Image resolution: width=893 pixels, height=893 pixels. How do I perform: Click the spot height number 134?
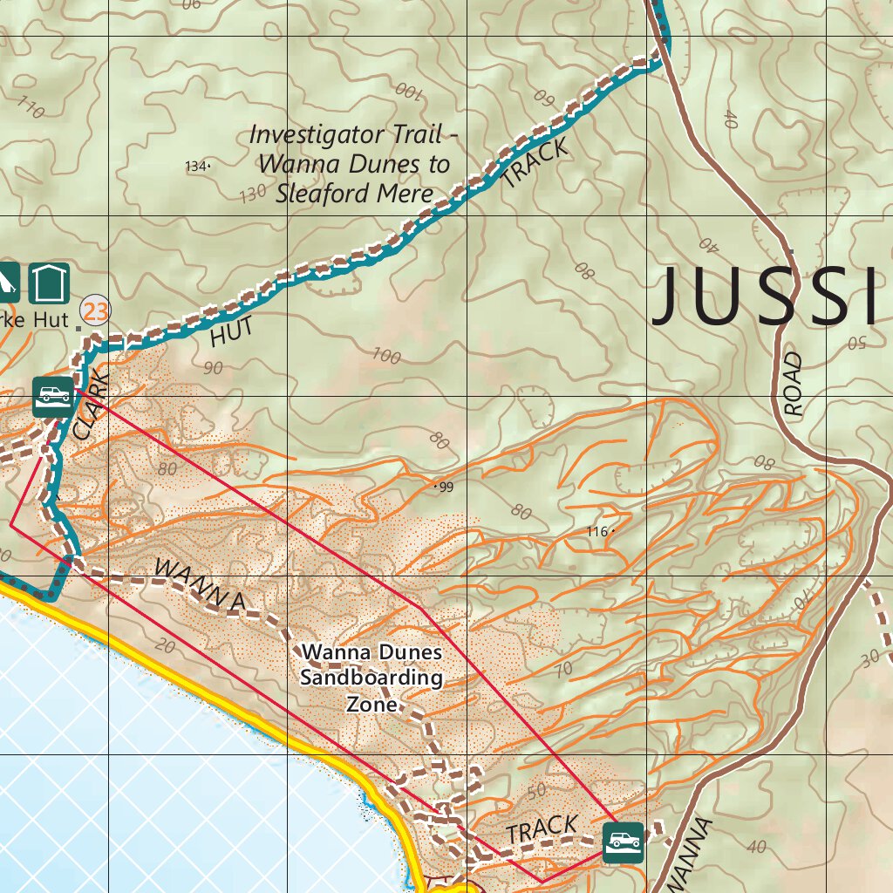click(196, 166)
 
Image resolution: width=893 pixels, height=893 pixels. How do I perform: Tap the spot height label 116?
click(596, 531)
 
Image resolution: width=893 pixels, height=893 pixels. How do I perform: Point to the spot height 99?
click(446, 487)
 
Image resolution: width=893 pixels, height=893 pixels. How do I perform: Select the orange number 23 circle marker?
click(95, 310)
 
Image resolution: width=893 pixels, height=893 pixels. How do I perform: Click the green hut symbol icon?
click(49, 282)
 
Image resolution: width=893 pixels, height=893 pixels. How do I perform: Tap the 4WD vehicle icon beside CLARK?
click(53, 397)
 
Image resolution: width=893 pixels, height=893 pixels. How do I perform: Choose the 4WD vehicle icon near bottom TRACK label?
click(623, 842)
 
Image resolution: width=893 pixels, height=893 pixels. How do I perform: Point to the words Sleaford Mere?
click(354, 193)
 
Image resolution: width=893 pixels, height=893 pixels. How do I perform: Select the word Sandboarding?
click(372, 678)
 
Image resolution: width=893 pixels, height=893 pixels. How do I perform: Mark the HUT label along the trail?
click(232, 331)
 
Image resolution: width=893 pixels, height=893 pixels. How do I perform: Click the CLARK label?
click(92, 403)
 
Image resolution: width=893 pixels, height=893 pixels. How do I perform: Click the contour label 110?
click(31, 109)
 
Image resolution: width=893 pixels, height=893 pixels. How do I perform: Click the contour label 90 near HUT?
click(212, 367)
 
